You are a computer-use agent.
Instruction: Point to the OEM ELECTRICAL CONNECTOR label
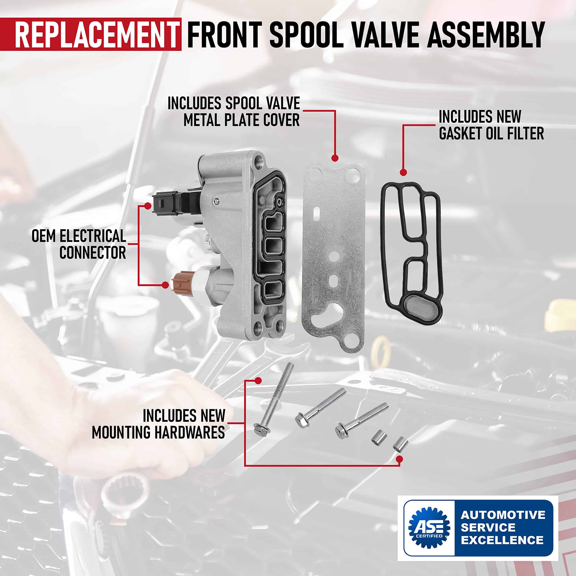79,244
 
